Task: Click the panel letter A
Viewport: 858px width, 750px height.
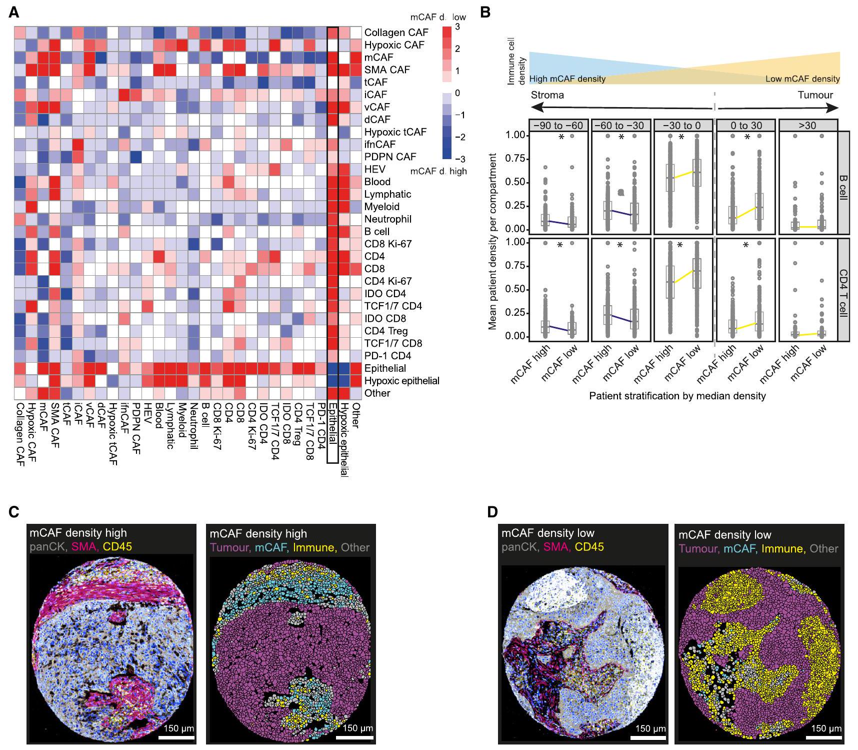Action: (x=14, y=13)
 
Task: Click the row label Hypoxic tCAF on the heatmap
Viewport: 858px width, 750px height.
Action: (x=395, y=132)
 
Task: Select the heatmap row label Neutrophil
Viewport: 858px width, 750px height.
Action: (x=388, y=219)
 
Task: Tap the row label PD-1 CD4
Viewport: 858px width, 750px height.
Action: (x=387, y=356)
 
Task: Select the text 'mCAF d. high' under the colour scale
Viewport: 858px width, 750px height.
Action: (x=438, y=171)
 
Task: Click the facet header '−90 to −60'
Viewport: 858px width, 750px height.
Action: (x=558, y=125)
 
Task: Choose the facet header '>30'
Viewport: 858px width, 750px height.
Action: (x=807, y=125)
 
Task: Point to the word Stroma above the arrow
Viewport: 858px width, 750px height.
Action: (x=547, y=95)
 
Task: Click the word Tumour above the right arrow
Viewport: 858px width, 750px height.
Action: (x=815, y=95)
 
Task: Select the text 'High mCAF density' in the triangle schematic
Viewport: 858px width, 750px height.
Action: (x=567, y=79)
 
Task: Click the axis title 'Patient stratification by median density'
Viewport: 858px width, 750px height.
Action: (x=677, y=396)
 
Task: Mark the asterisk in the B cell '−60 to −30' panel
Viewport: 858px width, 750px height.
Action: (x=621, y=138)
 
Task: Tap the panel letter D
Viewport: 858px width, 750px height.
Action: (x=492, y=512)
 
